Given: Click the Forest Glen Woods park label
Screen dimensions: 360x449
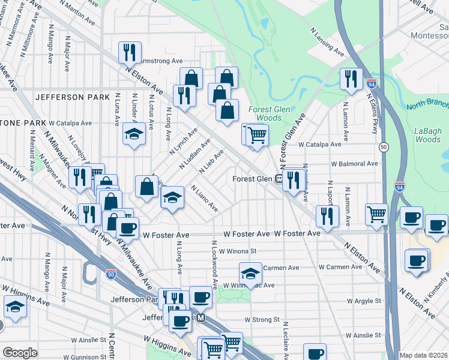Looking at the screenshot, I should click(265, 113).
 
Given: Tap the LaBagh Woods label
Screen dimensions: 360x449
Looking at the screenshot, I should click(427, 135).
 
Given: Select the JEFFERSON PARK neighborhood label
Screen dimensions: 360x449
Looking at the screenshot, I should click(72, 97).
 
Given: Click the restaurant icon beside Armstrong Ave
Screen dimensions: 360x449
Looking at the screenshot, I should click(130, 53).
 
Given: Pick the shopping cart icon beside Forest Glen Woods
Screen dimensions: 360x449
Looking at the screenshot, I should click(257, 135).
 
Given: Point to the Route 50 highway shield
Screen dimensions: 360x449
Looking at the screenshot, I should click(383, 147).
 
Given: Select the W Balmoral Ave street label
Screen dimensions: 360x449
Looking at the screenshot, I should click(354, 163).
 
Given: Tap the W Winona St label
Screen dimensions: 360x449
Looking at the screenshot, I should click(238, 251).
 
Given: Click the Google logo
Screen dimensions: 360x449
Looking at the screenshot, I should click(20, 352).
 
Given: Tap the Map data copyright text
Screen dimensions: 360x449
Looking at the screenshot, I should click(424, 355).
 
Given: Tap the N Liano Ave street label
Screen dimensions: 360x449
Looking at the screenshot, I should click(204, 199).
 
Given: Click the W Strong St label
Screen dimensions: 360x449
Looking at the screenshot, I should click(263, 320).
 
